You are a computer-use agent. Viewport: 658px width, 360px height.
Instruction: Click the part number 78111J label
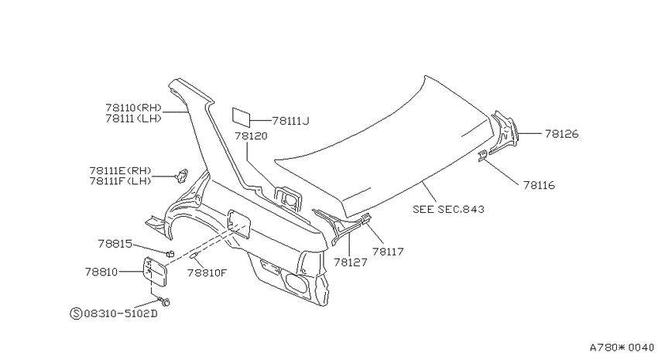pos(290,122)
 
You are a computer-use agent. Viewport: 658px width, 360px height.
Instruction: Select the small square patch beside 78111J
pos(242,117)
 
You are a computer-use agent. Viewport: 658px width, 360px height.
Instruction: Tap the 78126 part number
pos(562,134)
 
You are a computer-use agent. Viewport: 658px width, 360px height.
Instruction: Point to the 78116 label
pos(539,185)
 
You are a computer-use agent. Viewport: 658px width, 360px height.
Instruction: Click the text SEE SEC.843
pos(448,209)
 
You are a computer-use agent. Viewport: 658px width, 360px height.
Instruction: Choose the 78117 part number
pos(388,252)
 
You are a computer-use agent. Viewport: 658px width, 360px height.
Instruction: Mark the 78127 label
pos(351,262)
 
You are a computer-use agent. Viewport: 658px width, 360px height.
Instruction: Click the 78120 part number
pos(251,136)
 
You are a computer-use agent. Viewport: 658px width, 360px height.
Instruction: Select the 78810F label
pos(207,273)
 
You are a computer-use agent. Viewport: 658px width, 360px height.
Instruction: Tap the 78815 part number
pos(115,244)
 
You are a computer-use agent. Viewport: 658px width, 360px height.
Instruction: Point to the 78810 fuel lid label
pos(101,272)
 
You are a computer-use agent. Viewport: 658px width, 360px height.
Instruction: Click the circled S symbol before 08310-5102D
pos(76,314)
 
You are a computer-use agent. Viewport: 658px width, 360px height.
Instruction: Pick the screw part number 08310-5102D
pos(121,314)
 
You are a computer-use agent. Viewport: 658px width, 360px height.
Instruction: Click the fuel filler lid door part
pos(156,272)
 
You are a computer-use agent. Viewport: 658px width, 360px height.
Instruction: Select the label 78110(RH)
pos(133,108)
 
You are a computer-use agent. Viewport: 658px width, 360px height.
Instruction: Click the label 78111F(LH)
pos(120,181)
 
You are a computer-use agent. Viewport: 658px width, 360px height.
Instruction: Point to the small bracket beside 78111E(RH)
pos(182,176)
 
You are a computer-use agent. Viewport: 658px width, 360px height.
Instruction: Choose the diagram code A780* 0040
pos(622,348)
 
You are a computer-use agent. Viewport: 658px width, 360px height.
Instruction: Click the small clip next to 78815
pos(170,253)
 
